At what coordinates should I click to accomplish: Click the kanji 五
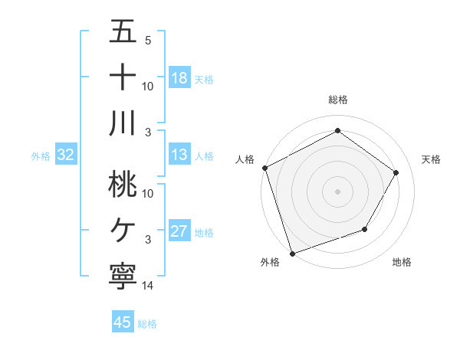point(123,32)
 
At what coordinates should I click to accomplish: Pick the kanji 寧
point(123,275)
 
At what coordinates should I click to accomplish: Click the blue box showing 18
point(179,77)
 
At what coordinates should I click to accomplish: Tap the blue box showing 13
point(179,155)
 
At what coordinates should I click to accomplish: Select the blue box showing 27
point(179,231)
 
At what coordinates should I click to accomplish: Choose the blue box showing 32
point(66,155)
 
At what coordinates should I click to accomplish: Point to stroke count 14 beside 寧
point(148,286)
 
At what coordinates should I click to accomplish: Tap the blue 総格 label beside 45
point(147,323)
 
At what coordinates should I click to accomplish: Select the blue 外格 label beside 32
point(41,156)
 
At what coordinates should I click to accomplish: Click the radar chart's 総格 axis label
point(337,100)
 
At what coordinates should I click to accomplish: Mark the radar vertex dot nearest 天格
point(396,172)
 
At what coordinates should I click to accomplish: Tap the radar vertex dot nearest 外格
point(292,253)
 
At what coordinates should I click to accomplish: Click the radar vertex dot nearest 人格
point(264,168)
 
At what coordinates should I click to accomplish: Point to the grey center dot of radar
point(337,191)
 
